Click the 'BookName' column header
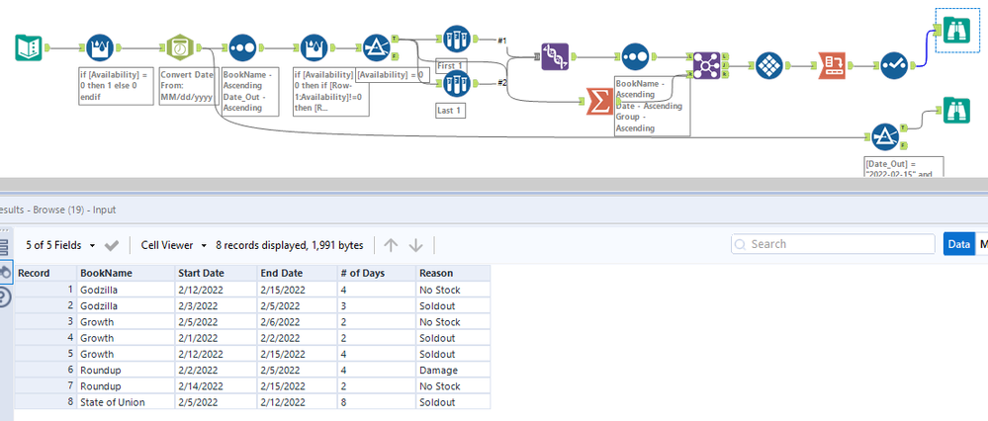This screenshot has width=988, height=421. click(x=104, y=273)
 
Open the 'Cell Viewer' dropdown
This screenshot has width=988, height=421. click(x=173, y=244)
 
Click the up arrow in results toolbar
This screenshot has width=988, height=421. click(x=390, y=244)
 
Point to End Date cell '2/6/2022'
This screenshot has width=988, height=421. click(x=282, y=321)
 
